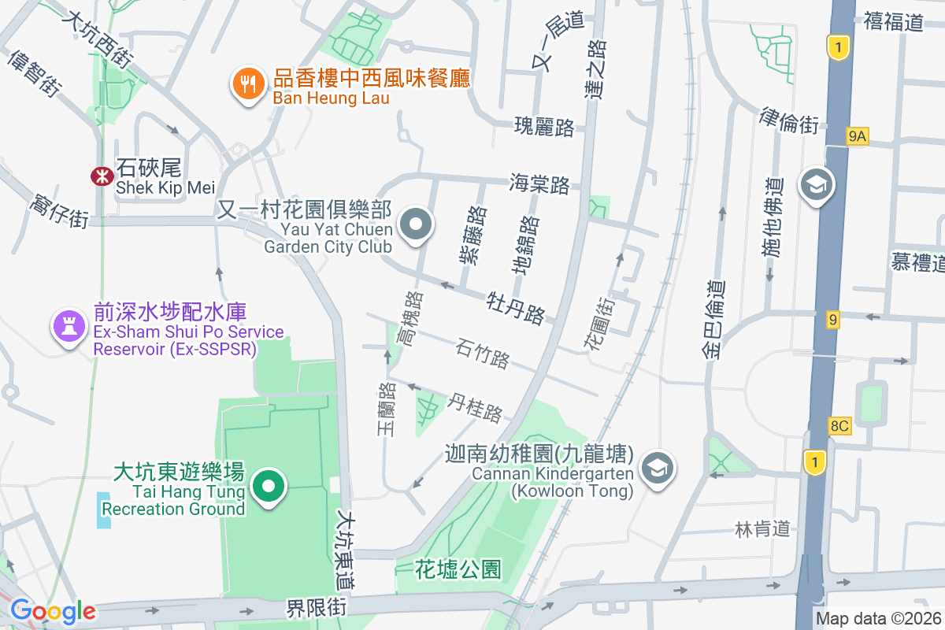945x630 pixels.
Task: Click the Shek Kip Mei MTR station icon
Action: coord(101,176)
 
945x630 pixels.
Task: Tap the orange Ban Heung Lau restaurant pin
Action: coord(248,83)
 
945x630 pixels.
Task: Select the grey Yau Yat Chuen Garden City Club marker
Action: coord(417,225)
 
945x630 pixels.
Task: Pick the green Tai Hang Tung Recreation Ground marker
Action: coord(269,487)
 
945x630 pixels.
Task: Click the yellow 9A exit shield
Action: coord(857,136)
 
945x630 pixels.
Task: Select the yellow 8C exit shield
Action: coord(839,426)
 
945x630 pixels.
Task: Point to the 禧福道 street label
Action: coord(893,21)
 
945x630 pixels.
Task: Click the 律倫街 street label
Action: coord(789,120)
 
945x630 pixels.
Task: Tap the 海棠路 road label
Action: coord(539,184)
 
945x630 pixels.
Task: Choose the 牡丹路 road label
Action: coord(516,307)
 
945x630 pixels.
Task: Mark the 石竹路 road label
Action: coord(482,353)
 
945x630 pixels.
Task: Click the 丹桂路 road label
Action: coord(475,407)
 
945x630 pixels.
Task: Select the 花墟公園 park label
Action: coord(458,569)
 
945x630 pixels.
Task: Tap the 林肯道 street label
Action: coord(762,528)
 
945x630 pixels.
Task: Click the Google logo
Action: coord(53,611)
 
